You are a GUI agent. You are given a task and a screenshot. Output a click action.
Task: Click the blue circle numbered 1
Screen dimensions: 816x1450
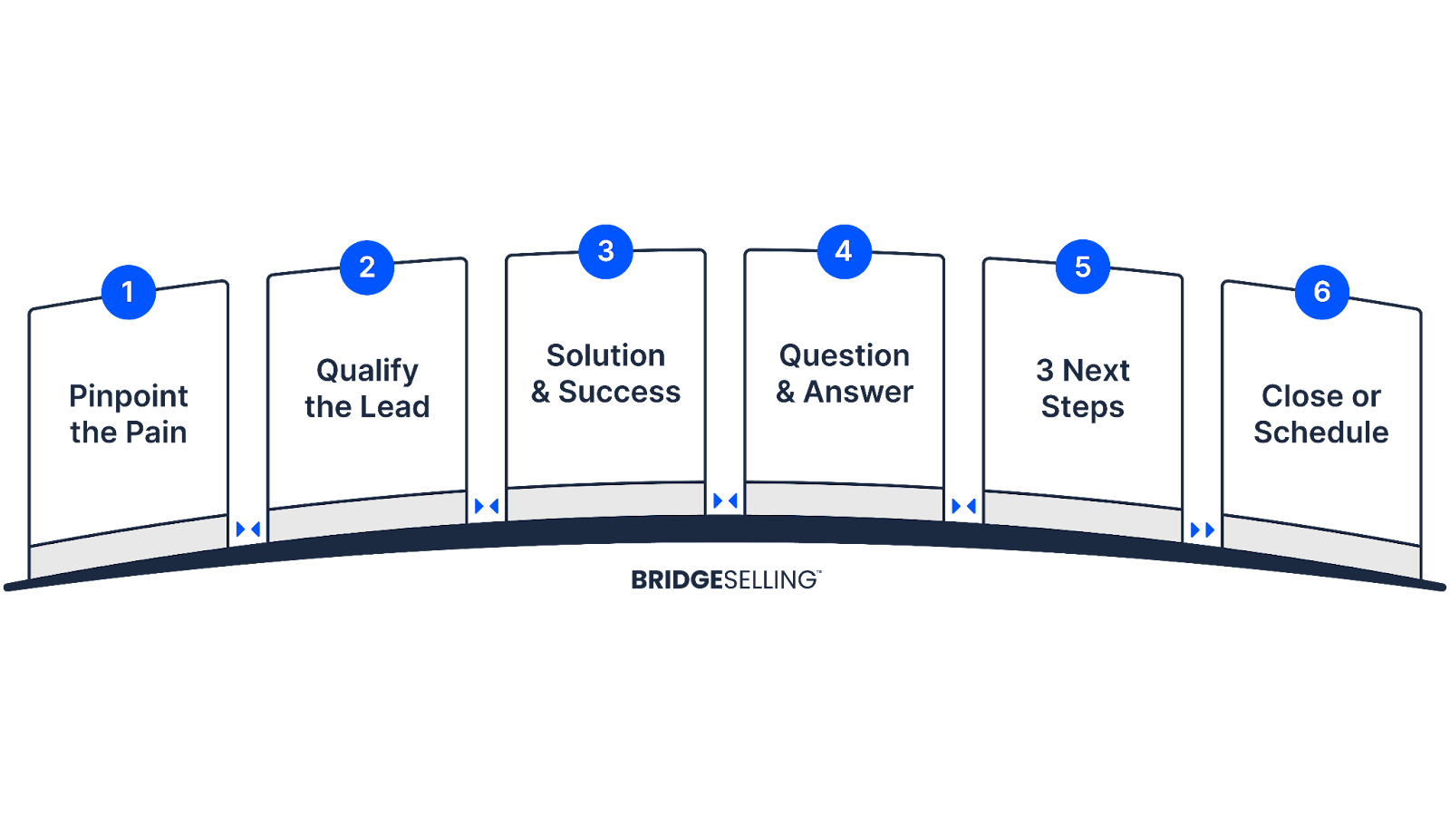pyautogui.click(x=128, y=292)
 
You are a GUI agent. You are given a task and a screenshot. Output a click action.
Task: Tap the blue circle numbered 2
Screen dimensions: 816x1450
pyautogui.click(x=367, y=267)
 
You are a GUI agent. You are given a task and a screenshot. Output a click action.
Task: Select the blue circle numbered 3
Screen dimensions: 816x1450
pyautogui.click(x=605, y=251)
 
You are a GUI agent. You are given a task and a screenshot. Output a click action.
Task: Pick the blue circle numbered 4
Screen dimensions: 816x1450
pyautogui.click(x=844, y=251)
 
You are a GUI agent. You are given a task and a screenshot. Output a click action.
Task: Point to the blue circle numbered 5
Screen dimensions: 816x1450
pyautogui.click(x=1082, y=267)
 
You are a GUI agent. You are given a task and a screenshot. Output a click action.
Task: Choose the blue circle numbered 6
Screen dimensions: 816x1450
pyautogui.click(x=1321, y=292)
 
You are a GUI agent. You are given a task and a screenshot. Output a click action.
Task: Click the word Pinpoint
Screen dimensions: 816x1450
pyautogui.click(x=129, y=396)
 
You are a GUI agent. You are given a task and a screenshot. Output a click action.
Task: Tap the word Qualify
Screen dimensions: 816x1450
pyautogui.click(x=367, y=371)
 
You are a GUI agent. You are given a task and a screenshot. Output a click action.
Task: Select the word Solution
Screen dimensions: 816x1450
pyautogui.click(x=605, y=355)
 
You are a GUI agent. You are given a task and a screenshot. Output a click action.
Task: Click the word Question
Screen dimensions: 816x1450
pyautogui.click(x=844, y=355)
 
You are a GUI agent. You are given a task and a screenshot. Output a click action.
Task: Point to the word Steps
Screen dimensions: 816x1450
pyautogui.click(x=1082, y=407)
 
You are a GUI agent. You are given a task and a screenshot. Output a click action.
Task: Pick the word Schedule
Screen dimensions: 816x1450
pyautogui.click(x=1320, y=432)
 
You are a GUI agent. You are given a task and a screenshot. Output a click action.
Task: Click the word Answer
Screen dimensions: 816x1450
pyautogui.click(x=857, y=392)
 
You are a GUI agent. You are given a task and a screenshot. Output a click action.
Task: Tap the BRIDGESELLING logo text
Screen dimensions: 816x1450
pyautogui.click(x=725, y=580)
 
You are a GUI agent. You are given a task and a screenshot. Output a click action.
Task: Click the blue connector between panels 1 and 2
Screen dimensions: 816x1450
pyautogui.click(x=247, y=529)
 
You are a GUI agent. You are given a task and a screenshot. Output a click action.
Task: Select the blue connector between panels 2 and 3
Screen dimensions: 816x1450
pyautogui.click(x=487, y=506)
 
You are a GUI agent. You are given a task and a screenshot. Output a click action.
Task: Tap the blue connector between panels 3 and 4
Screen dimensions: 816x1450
pyautogui.click(x=725, y=500)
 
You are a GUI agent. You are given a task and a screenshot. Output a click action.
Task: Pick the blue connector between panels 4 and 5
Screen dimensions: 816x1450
pyautogui.click(x=963, y=506)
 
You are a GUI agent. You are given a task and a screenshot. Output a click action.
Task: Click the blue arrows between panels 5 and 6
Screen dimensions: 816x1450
pyautogui.click(x=1202, y=529)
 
